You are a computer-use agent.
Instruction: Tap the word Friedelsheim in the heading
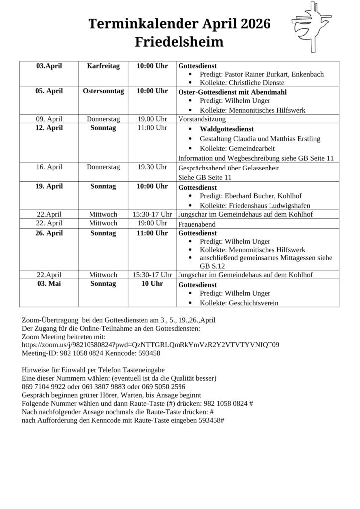pyautogui.click(x=180, y=42)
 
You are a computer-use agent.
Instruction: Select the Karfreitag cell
pyautogui.click(x=103, y=66)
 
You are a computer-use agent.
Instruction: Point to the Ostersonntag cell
pyautogui.click(x=103, y=91)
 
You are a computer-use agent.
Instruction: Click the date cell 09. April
pyautogui.click(x=49, y=119)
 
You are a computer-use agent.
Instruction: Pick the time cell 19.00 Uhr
pyautogui.click(x=152, y=119)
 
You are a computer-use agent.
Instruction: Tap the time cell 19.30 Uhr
pyautogui.click(x=152, y=167)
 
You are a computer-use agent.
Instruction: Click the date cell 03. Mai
pyautogui.click(x=49, y=284)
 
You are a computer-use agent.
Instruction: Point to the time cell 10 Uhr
pyautogui.click(x=152, y=284)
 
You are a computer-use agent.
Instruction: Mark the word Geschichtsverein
pyautogui.click(x=252, y=303)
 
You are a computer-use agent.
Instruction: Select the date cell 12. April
pyautogui.click(x=49, y=128)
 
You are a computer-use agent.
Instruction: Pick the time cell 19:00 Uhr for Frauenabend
pyautogui.click(x=152, y=223)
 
